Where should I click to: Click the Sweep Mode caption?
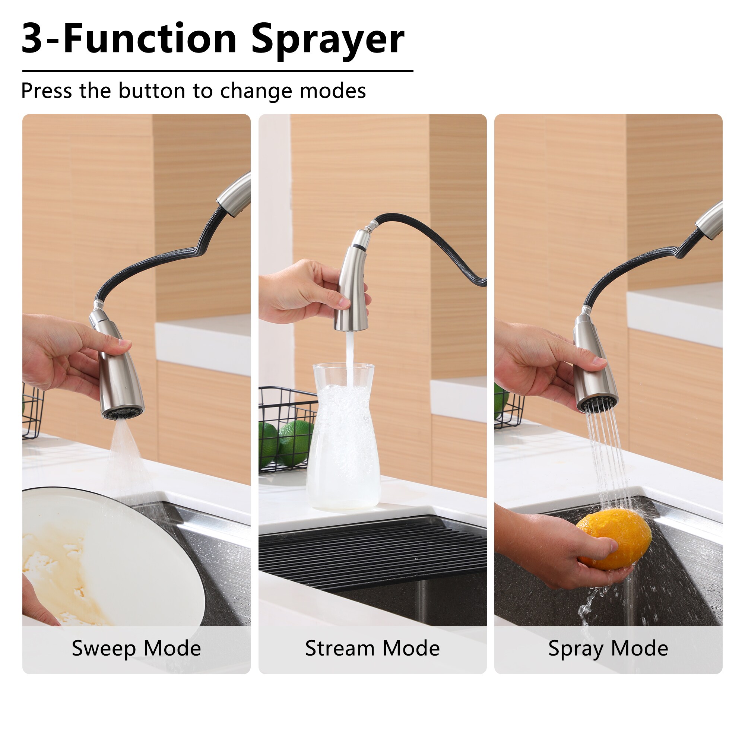point(136,648)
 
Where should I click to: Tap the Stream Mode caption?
point(372,648)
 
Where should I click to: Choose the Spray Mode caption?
point(608,648)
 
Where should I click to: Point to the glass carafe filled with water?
point(343,440)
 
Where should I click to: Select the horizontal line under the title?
point(218,71)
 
